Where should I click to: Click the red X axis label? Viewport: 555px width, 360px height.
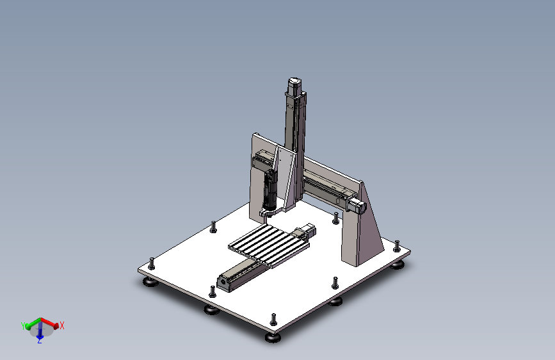62,325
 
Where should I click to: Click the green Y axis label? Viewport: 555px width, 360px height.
23,326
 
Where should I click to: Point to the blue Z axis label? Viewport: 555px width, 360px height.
39,341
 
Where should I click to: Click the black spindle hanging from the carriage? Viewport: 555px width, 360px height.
269,191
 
